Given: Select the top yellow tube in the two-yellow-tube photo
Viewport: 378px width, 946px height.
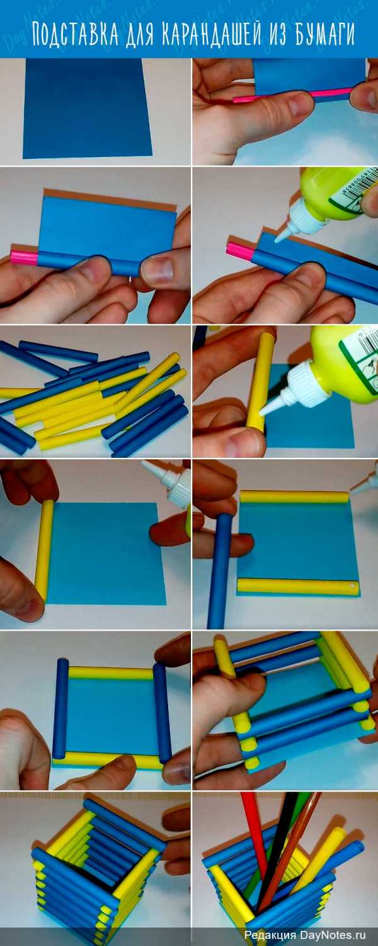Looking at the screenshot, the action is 294,497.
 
